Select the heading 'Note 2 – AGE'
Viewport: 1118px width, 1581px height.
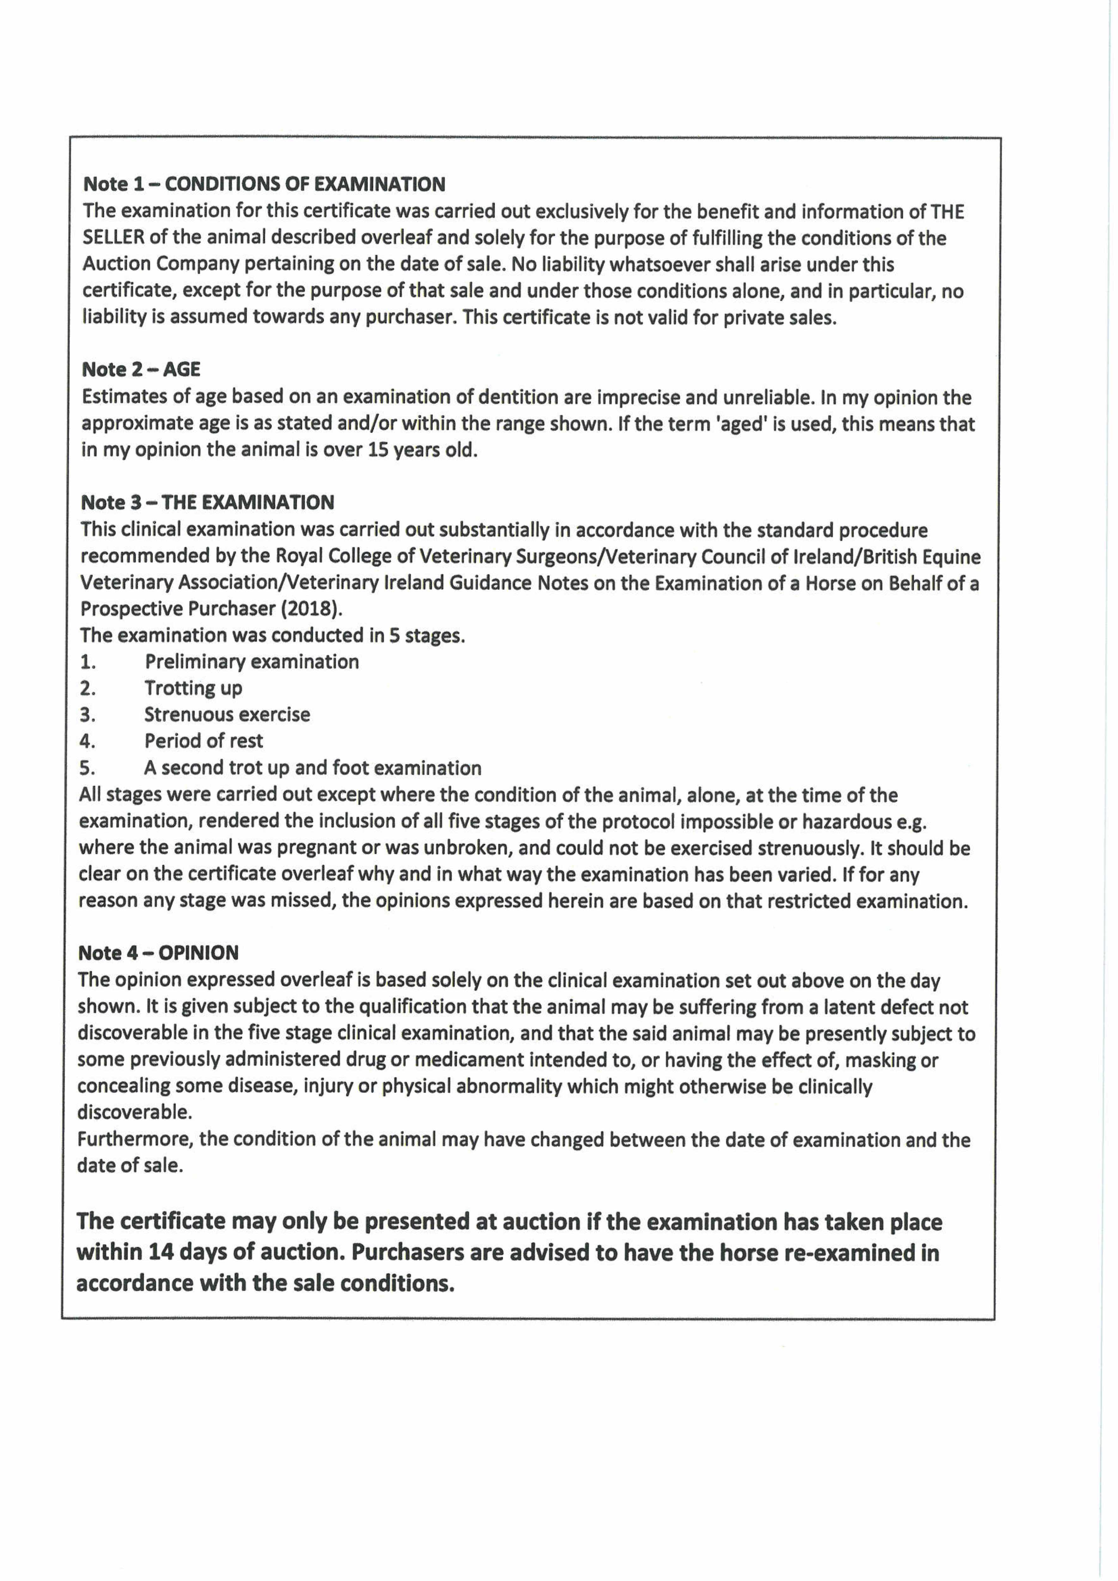tap(141, 370)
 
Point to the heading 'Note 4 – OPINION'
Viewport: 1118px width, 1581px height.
tap(158, 953)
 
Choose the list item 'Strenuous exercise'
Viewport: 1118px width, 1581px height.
tap(227, 715)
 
